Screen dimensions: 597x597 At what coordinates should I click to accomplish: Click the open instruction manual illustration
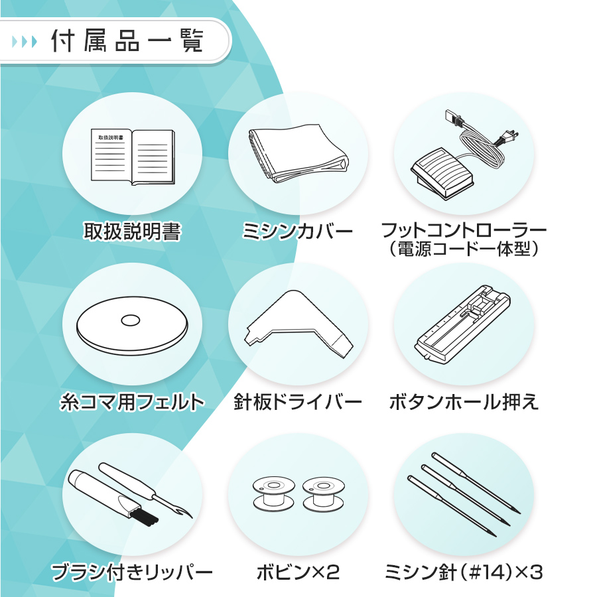pos(132,157)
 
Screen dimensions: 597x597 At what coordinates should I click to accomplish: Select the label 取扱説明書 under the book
pos(132,232)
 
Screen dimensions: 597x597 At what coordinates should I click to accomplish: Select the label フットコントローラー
pos(464,231)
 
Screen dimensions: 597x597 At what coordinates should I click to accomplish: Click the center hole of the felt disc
pos(131,320)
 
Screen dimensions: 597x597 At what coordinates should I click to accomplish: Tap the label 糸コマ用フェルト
pos(132,402)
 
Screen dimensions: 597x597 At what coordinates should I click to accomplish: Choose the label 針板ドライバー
pos(298,402)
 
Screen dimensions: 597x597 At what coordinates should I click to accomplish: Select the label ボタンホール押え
pos(464,402)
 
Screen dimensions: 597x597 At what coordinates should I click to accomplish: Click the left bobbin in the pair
pos(271,495)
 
